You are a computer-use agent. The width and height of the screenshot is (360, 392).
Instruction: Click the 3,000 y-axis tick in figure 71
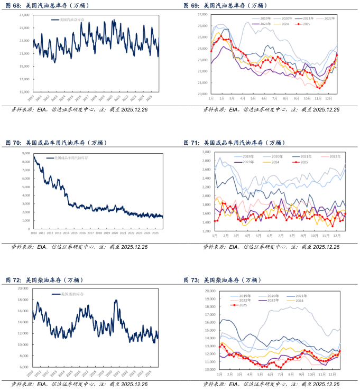pyautogui.click(x=205, y=152)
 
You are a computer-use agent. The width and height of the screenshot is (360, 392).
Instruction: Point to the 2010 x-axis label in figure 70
pyautogui.click(x=33, y=233)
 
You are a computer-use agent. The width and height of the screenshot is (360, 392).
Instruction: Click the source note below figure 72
pyautogui.click(x=79, y=384)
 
